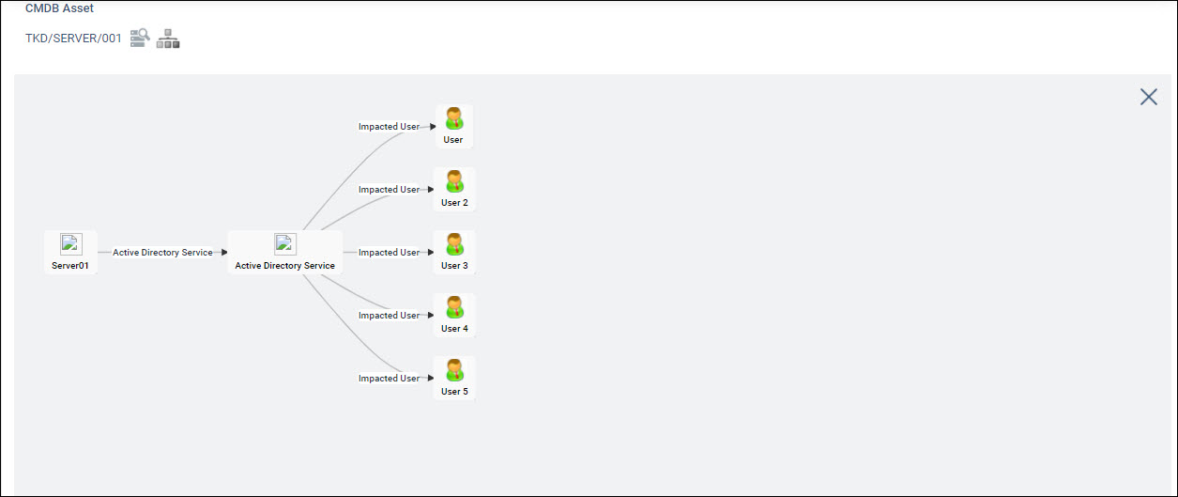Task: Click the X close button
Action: pos(1148,97)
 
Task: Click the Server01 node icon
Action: pos(70,244)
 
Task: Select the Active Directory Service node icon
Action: pos(285,244)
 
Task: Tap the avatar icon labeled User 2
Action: pos(454,181)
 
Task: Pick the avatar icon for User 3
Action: pos(454,244)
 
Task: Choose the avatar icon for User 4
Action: pos(454,307)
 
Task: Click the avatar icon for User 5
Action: pos(454,370)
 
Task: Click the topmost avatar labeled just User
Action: pos(454,118)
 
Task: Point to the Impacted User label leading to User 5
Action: pos(389,379)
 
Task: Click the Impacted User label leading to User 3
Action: pos(389,253)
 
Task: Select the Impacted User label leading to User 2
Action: pos(389,190)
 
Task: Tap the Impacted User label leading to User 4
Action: pos(389,316)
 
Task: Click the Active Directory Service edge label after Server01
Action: pos(162,253)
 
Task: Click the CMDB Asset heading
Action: pos(59,8)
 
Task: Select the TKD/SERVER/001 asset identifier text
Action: pos(73,39)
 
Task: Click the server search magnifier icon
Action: pos(140,38)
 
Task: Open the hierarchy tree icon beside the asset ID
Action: pos(168,39)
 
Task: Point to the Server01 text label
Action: pos(70,266)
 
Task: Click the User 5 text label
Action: pos(454,392)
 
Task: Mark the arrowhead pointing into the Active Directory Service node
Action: pos(224,253)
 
